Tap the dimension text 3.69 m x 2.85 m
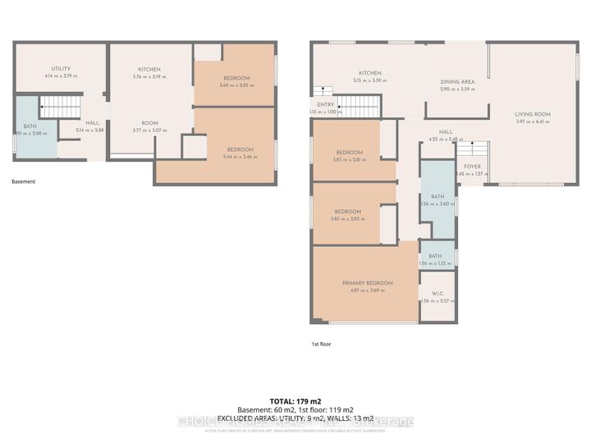pos(234,85)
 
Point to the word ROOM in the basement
pos(149,122)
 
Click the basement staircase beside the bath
pos(61,107)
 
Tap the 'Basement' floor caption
pos(24,181)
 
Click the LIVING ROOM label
pos(532,114)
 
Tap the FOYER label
pos(472,167)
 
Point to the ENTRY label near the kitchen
pos(324,104)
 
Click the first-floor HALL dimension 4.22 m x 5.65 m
pos(445,139)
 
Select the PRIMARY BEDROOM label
pos(367,282)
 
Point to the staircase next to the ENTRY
pos(360,106)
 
